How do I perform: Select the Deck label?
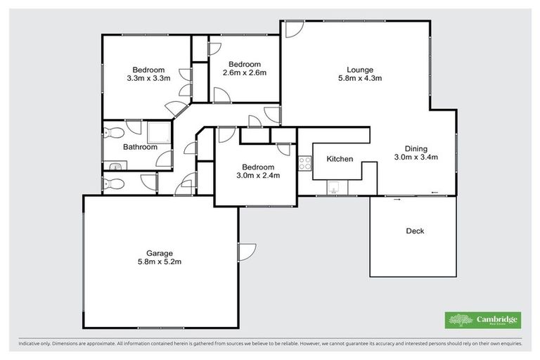(x=415, y=231)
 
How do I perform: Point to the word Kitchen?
(x=340, y=159)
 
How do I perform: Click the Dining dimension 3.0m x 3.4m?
(x=416, y=157)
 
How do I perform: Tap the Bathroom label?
(x=140, y=147)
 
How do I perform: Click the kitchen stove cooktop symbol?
(x=305, y=163)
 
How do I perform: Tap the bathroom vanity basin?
(x=115, y=166)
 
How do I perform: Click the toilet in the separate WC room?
(x=112, y=184)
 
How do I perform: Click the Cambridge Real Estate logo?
(x=482, y=320)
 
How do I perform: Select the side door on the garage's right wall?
(x=246, y=252)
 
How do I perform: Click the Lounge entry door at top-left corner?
(x=292, y=30)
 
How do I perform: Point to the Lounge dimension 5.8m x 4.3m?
(x=359, y=78)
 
